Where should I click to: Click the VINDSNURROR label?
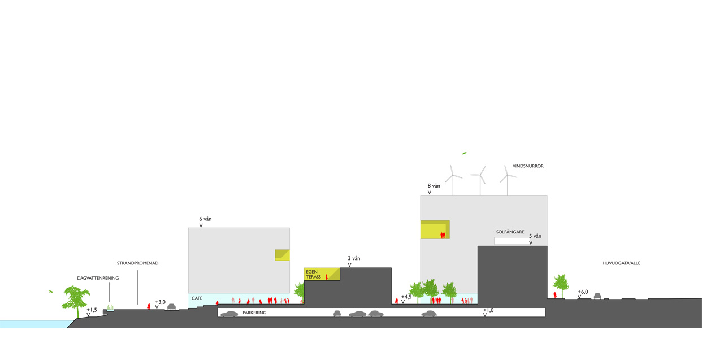pyautogui.click(x=528, y=166)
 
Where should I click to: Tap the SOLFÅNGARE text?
pyautogui.click(x=510, y=232)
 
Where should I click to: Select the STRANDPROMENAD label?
pyautogui.click(x=137, y=263)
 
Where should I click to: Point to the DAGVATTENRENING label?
pyautogui.click(x=98, y=278)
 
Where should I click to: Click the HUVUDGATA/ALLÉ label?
pyautogui.click(x=621, y=263)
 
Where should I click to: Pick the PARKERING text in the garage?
pyautogui.click(x=254, y=313)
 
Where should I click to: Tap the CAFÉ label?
pyautogui.click(x=197, y=298)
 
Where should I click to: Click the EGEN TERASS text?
pyautogui.click(x=313, y=274)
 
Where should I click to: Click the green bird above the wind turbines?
pyautogui.click(x=464, y=153)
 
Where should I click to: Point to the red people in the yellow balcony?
pyautogui.click(x=443, y=235)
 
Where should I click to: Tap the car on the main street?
pyautogui.click(x=597, y=296)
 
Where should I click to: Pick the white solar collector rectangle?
pyautogui.click(x=512, y=241)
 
